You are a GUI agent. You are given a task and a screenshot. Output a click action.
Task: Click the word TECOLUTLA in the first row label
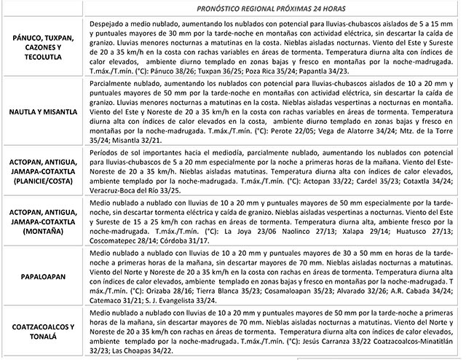coord(44,63)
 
